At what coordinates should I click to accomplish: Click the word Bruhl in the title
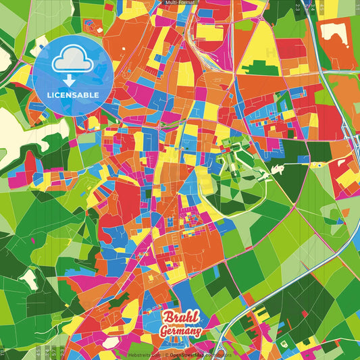[x=178, y=319]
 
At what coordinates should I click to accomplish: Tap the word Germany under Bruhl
[x=182, y=332]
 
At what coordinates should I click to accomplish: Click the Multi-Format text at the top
[x=180, y=3]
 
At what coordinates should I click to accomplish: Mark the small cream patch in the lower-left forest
[x=28, y=278]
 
